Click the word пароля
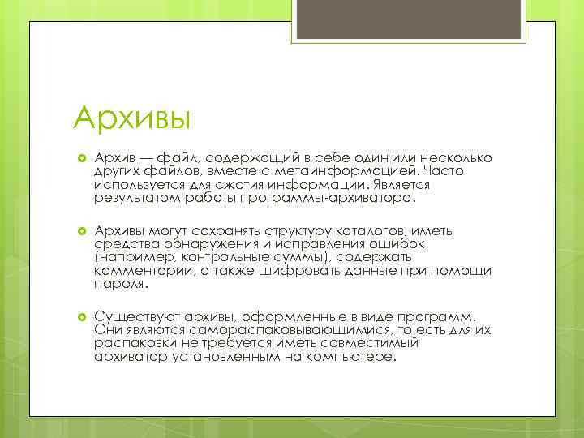pos(120,284)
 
